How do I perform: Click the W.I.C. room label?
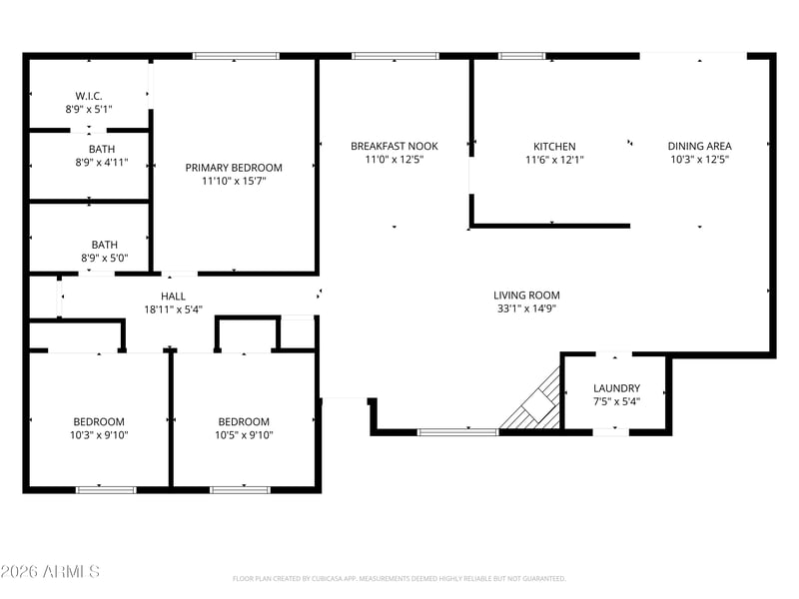(89, 96)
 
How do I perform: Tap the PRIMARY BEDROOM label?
(234, 168)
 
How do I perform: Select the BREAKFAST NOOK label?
(395, 146)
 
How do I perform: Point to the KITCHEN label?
(554, 146)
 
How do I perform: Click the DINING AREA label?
(700, 146)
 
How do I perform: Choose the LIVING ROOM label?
(526, 296)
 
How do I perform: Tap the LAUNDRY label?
(616, 388)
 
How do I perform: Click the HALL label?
(173, 297)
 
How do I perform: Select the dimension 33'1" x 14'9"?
(526, 308)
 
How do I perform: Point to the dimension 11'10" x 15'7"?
(234, 181)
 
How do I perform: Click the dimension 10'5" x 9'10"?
(244, 435)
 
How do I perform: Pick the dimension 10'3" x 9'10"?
(99, 435)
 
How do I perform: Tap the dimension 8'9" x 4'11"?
(102, 163)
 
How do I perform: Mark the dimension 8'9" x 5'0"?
(105, 259)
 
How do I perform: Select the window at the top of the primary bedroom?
(236, 56)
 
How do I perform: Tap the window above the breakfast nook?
(396, 56)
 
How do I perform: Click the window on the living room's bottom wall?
(457, 432)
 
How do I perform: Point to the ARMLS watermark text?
(50, 571)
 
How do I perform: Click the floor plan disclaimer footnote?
(399, 579)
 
